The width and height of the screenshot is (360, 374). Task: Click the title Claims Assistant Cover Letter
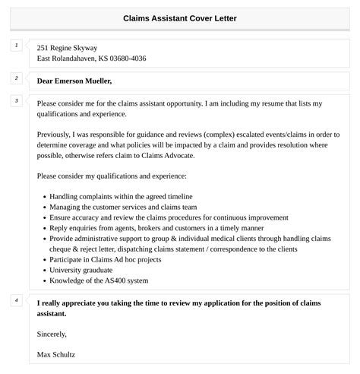click(x=179, y=18)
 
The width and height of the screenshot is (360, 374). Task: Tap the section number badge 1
click(x=16, y=46)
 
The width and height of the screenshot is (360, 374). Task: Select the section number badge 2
click(x=16, y=79)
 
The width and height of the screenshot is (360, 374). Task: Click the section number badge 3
click(x=16, y=101)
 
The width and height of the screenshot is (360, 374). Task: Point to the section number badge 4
click(x=16, y=300)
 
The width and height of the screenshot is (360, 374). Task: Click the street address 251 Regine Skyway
click(x=67, y=48)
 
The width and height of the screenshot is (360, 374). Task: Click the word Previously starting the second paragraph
click(x=58, y=134)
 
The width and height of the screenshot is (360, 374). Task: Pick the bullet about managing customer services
click(x=123, y=206)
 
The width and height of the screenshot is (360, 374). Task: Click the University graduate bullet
click(x=83, y=270)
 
